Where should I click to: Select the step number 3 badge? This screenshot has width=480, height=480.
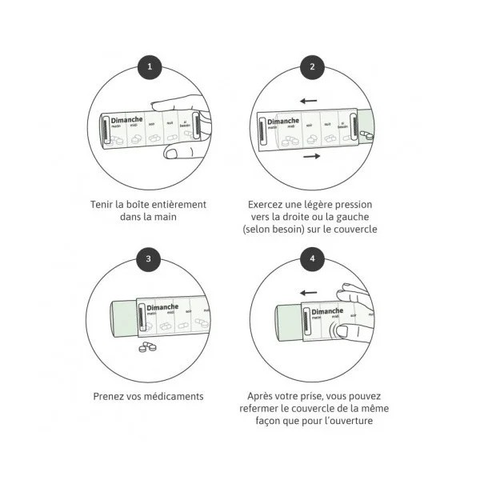click(x=149, y=259)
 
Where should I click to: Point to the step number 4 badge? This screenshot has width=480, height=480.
click(x=312, y=259)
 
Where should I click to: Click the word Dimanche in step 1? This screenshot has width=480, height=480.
click(x=126, y=119)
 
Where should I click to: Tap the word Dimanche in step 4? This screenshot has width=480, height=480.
click(x=327, y=311)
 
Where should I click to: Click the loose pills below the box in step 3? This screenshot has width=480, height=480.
click(x=148, y=346)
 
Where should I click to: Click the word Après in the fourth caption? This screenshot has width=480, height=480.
click(x=261, y=396)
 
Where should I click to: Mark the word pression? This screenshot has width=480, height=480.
click(x=353, y=204)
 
